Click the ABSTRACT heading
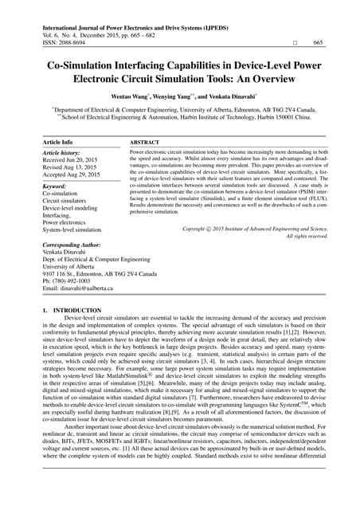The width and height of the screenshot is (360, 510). pos(144,141)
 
